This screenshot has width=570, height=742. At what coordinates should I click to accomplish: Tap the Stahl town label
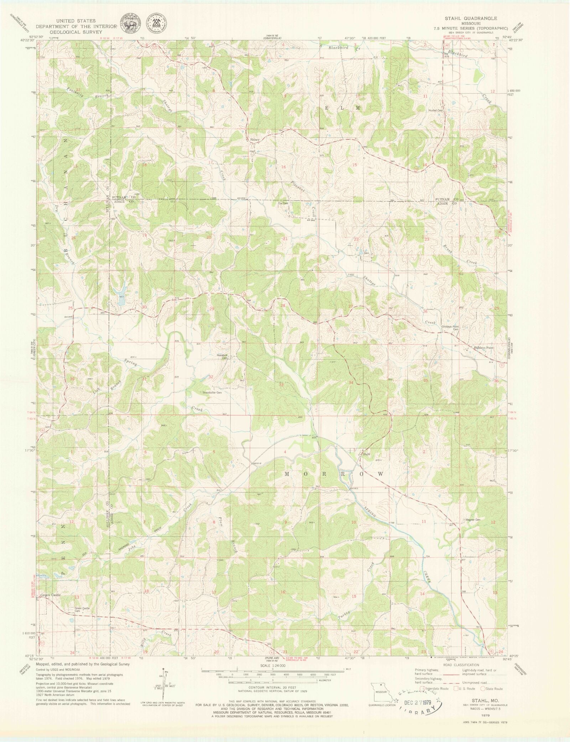point(367,454)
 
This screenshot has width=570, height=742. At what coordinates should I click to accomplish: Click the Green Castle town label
point(50,595)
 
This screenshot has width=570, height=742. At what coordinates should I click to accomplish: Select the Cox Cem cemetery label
point(283,203)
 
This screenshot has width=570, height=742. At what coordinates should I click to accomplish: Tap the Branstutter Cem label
point(213,393)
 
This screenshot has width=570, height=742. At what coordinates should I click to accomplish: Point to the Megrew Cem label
point(473,519)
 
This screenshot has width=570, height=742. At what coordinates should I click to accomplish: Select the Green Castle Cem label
point(82,610)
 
